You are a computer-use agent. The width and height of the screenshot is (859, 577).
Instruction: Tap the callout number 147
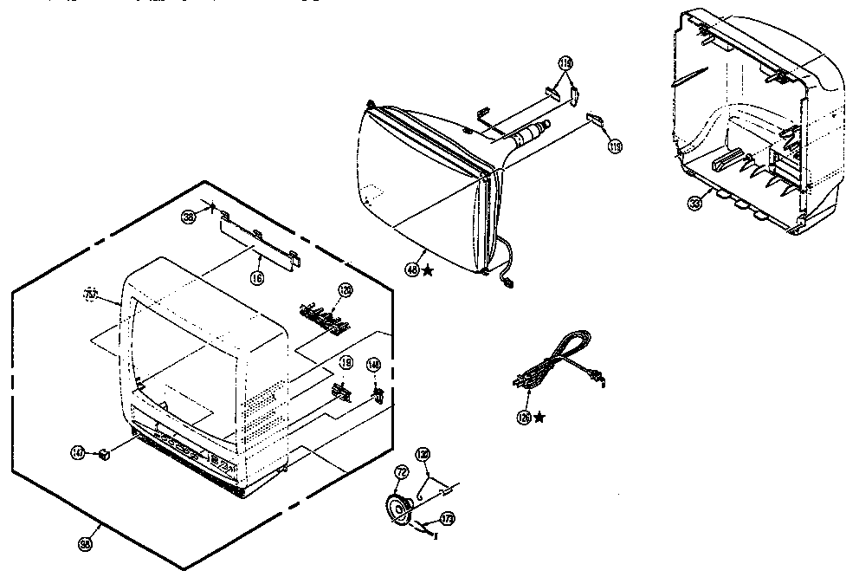[79, 452]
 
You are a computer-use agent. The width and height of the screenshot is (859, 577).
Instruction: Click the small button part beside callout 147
[103, 453]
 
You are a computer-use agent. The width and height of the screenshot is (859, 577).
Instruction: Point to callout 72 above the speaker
[401, 471]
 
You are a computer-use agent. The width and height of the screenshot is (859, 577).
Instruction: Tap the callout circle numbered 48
[411, 269]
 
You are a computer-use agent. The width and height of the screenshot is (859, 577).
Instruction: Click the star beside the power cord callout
[539, 418]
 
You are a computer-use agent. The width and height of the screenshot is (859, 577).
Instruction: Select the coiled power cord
[554, 364]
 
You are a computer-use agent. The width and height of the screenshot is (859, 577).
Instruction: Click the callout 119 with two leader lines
[565, 64]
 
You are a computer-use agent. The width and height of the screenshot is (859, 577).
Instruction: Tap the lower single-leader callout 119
[615, 146]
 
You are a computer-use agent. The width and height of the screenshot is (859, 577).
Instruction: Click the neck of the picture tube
[524, 135]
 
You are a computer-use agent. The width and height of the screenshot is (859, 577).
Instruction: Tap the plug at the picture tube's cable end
[508, 280]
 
